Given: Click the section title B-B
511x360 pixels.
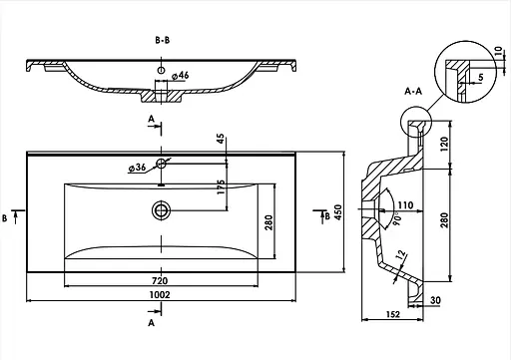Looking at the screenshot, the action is [x=163, y=40].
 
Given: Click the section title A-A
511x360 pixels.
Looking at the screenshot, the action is [x=413, y=91].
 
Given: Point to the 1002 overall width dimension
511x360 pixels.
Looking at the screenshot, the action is [x=160, y=294].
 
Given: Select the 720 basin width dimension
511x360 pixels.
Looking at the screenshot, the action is [x=160, y=281].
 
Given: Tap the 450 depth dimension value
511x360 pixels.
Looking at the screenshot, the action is [x=337, y=212].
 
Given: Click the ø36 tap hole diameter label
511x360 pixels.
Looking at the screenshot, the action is [x=137, y=168].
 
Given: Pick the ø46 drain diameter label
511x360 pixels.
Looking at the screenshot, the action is [x=181, y=76].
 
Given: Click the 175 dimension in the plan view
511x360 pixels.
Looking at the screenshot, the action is [x=221, y=186].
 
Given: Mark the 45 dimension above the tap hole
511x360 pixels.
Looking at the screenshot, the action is [x=221, y=139].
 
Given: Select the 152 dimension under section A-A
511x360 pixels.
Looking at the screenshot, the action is [x=393, y=314].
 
